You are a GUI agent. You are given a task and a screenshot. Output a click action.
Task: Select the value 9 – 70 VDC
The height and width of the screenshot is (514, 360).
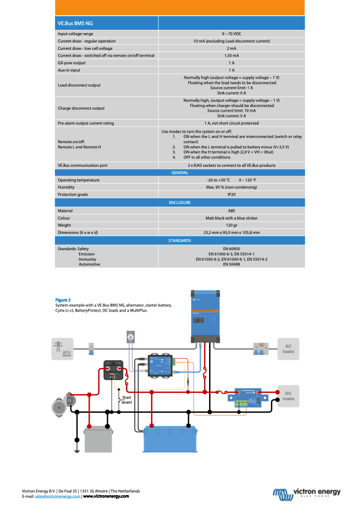[x=231, y=34]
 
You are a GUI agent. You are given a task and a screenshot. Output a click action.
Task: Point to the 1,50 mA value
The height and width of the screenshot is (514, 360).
[x=231, y=55]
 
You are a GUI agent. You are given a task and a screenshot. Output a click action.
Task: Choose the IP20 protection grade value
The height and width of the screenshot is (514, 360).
[x=231, y=194]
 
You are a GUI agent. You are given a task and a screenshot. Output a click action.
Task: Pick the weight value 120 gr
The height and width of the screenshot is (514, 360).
[x=231, y=225]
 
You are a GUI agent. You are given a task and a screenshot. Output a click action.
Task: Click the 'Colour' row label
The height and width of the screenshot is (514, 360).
[x=64, y=218]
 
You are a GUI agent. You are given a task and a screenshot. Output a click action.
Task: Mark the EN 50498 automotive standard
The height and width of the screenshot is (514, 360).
[x=231, y=264]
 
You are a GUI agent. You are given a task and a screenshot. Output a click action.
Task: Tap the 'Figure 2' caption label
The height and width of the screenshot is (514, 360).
[x=63, y=300]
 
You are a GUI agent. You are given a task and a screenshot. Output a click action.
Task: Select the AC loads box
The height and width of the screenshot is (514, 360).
[x=288, y=349]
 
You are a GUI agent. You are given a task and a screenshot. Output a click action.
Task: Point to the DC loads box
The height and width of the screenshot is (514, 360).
[x=288, y=396]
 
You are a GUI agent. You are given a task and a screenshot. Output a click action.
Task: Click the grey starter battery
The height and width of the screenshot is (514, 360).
[x=98, y=439]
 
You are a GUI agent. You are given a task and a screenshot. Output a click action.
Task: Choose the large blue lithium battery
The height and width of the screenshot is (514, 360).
[x=170, y=439]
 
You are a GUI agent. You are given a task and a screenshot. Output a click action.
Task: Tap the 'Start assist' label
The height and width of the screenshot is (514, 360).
[x=126, y=400]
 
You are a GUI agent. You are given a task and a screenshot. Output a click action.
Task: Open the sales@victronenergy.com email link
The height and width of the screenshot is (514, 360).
[x=58, y=496]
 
